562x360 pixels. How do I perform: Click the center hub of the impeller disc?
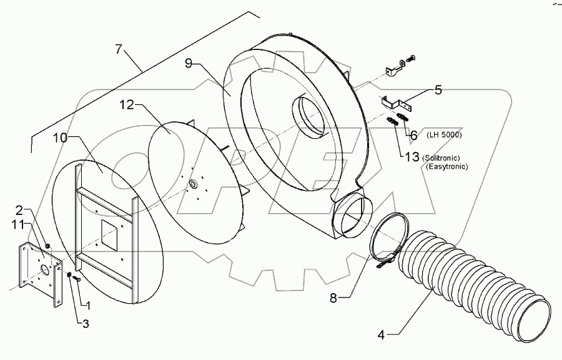[x=194, y=183]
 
